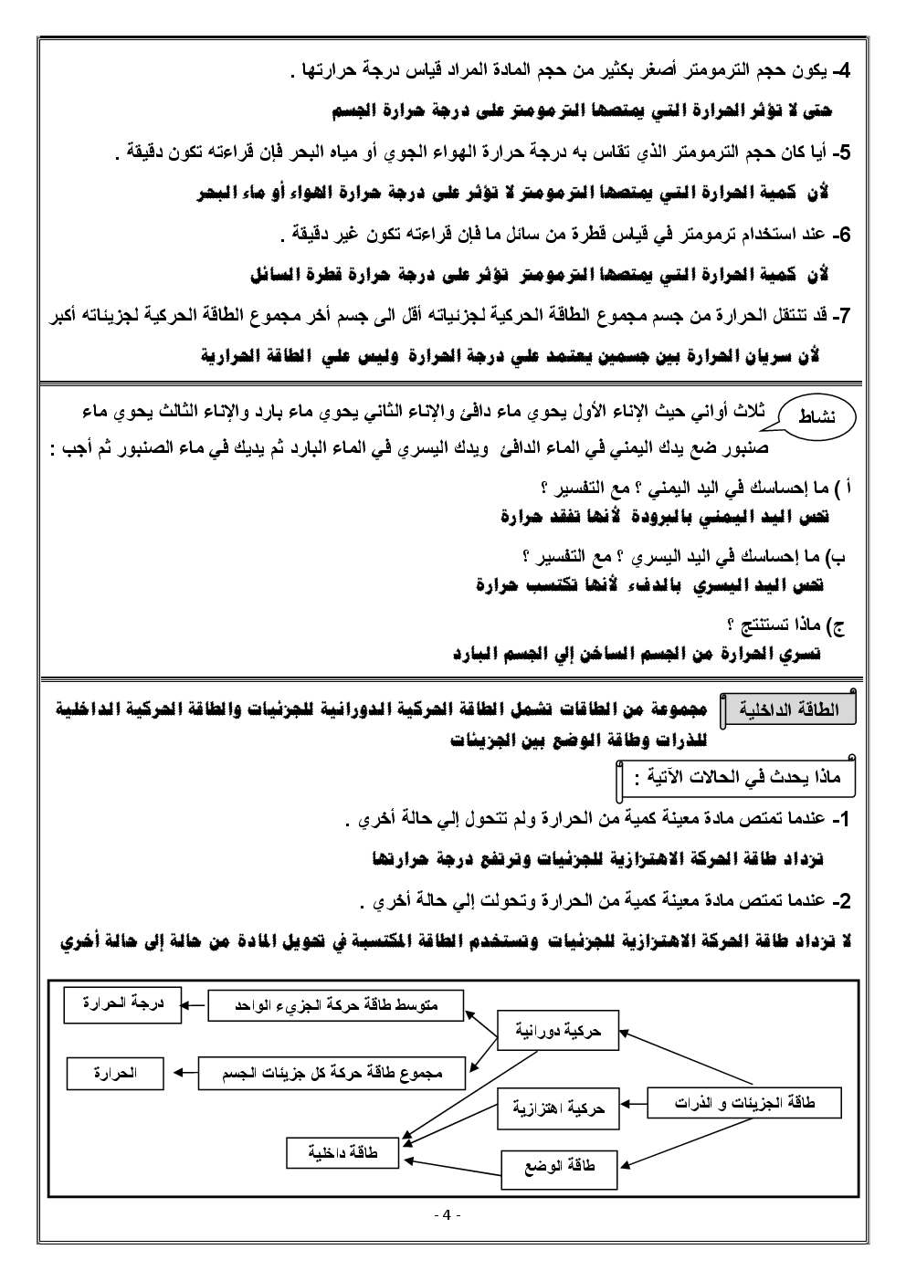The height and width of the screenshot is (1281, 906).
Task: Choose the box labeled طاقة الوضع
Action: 558,1166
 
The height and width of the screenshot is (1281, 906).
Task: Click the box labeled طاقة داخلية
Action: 343,1153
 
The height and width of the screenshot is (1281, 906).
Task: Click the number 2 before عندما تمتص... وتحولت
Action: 845,901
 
